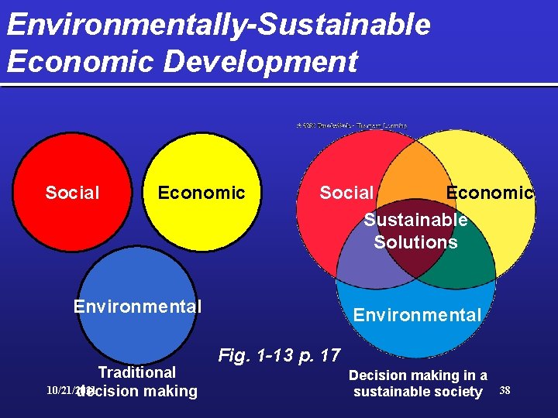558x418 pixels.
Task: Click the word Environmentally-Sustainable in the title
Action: coord(219,25)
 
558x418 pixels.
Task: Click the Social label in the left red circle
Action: coord(72,193)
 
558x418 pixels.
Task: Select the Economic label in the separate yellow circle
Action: coord(201,193)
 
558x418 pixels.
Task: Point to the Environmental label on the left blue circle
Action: coord(137,307)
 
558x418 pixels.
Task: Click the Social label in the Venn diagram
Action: coord(346,193)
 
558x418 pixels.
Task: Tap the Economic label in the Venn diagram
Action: coord(490,193)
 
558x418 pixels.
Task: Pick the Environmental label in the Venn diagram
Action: coord(417,315)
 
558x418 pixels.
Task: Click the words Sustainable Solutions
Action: coord(415,231)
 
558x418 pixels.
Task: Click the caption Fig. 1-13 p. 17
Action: coord(279,356)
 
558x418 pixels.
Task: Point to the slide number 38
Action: coord(505,389)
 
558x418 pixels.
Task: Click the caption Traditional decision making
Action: coord(137,382)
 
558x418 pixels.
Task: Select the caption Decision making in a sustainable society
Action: coord(418,383)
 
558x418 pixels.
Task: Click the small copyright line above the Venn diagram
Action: coord(351,125)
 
